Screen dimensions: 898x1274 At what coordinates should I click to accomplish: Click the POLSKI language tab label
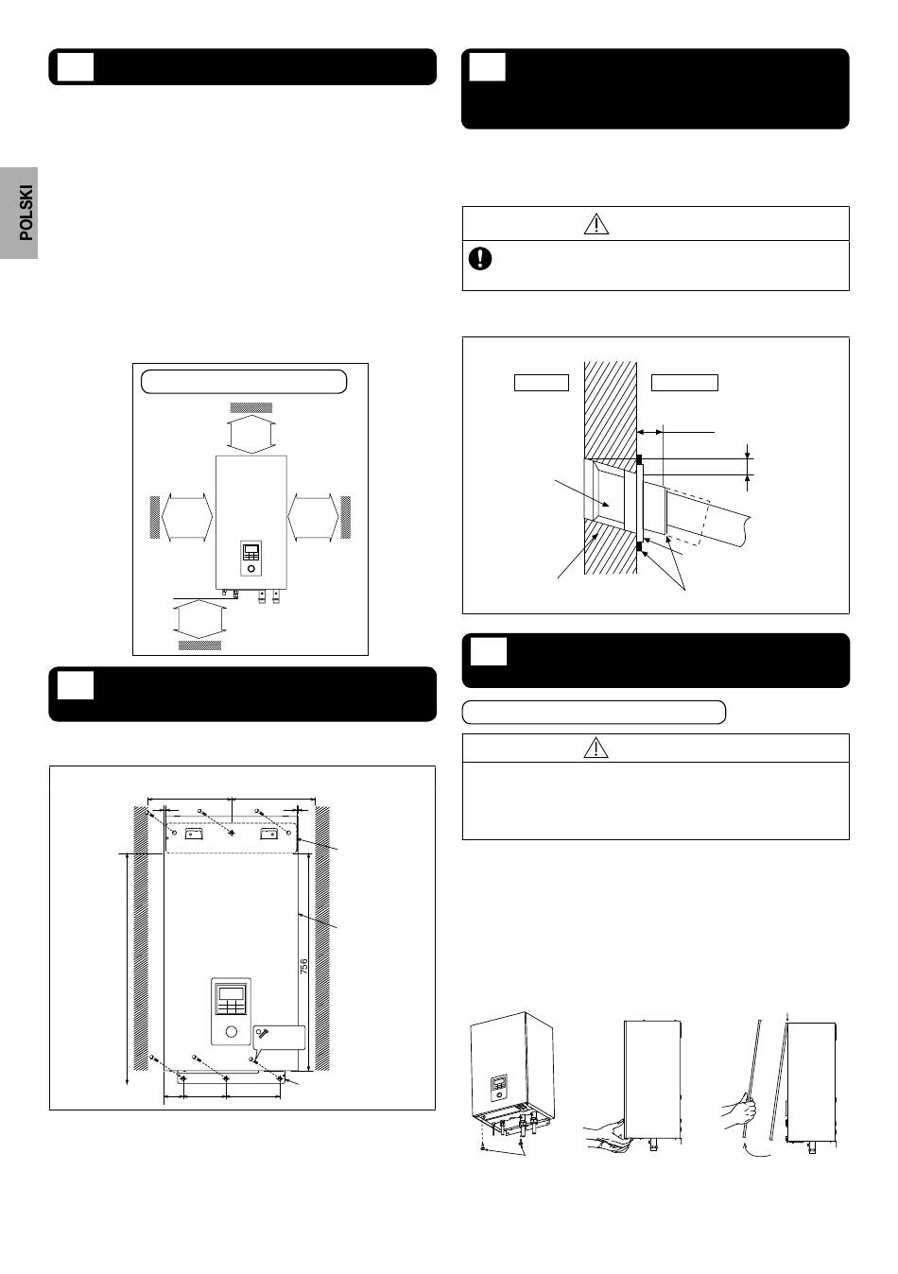click(x=26, y=212)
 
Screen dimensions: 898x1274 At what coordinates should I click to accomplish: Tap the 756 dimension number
click(x=303, y=966)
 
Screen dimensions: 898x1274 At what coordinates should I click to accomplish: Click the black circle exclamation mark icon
click(x=480, y=258)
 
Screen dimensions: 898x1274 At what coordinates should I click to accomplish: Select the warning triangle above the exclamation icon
click(x=596, y=224)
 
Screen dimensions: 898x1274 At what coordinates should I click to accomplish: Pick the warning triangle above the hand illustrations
click(x=596, y=748)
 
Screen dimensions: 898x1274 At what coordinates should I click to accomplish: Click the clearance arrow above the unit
click(x=250, y=434)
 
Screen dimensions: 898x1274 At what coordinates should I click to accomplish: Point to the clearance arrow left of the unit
click(x=187, y=518)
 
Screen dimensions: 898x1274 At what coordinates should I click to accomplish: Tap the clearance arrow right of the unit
click(x=313, y=518)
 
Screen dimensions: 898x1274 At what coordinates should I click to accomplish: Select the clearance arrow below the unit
click(x=199, y=621)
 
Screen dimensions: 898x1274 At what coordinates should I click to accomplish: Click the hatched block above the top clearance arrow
click(x=250, y=407)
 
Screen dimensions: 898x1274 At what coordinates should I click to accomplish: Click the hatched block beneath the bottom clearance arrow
click(x=199, y=645)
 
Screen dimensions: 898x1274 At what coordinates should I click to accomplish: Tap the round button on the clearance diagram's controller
click(x=251, y=568)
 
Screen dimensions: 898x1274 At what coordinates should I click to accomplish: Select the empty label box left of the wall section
click(x=542, y=383)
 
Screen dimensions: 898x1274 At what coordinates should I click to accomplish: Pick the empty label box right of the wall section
click(x=684, y=383)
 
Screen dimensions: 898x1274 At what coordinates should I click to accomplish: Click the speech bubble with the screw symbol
click(x=279, y=1039)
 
